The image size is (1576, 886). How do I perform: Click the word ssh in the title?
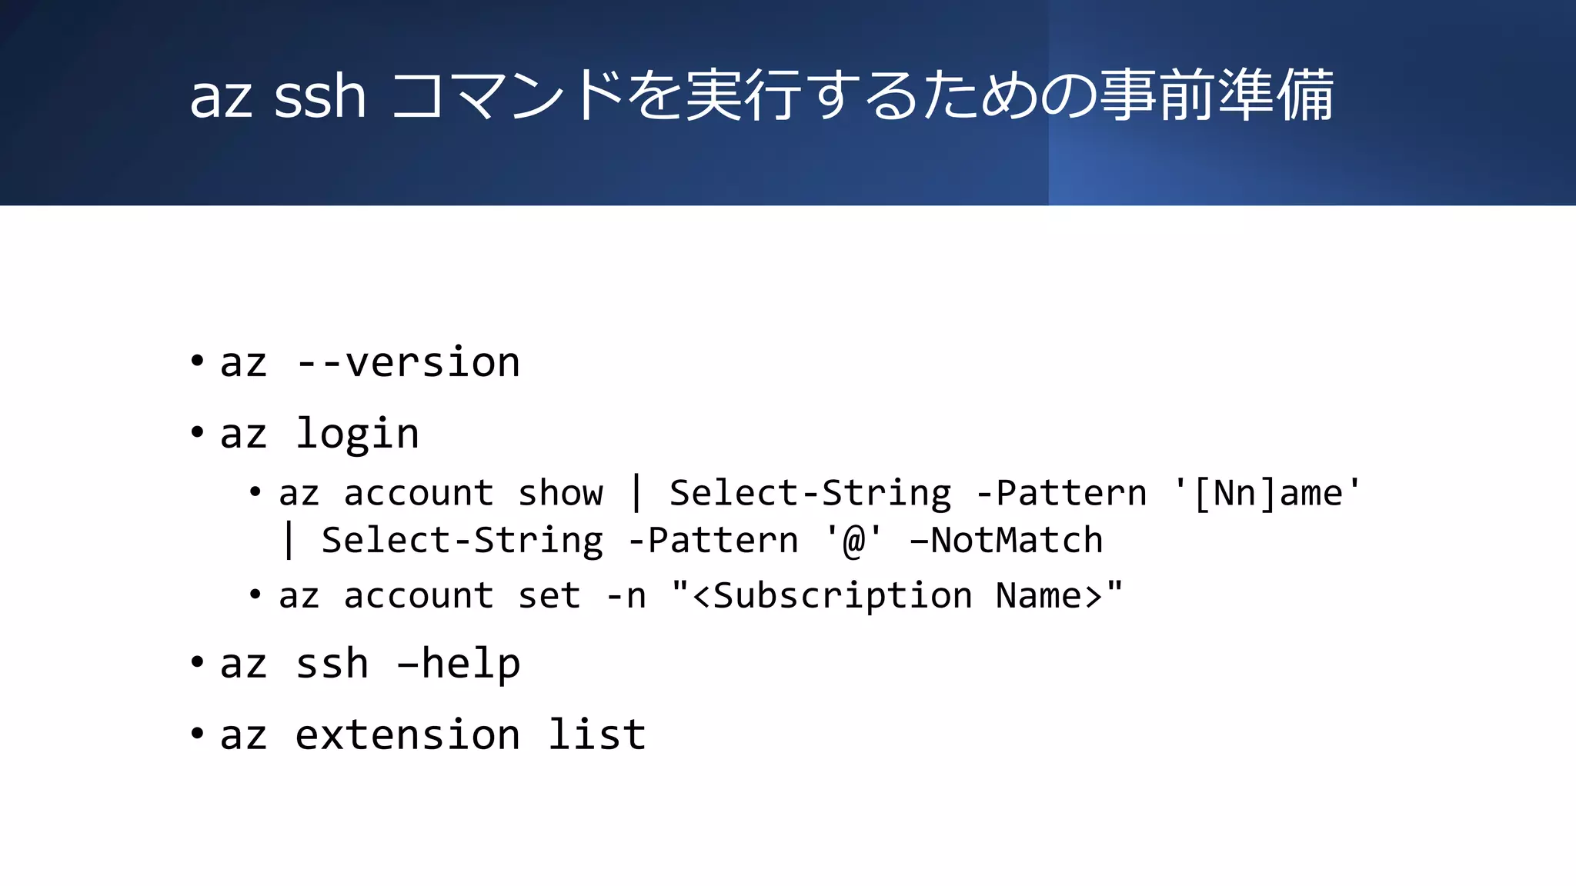[x=319, y=97]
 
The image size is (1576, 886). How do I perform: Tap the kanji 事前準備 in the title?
[x=1217, y=95]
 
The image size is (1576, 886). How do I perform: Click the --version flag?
[x=409, y=362]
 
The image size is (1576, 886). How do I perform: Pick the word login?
[x=358, y=434]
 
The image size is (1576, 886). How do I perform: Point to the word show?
[x=560, y=493]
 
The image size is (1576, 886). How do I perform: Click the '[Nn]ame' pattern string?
[x=1267, y=493]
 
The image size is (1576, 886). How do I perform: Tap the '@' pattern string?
[x=854, y=541]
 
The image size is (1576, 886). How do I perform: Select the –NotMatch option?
[x=1007, y=541]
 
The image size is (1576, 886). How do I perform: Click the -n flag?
[x=626, y=596]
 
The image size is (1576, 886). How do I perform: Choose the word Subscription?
[x=843, y=596]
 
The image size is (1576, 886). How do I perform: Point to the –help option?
[x=459, y=664]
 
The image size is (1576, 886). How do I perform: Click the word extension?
[x=408, y=735]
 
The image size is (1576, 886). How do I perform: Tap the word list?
[x=596, y=735]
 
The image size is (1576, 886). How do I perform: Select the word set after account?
[x=549, y=596]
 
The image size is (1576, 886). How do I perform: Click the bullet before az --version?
[x=197, y=361]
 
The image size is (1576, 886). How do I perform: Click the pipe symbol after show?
[x=636, y=493]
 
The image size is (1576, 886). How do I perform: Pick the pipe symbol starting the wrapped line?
[x=289, y=541]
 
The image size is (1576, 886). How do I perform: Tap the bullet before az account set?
[x=255, y=595]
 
